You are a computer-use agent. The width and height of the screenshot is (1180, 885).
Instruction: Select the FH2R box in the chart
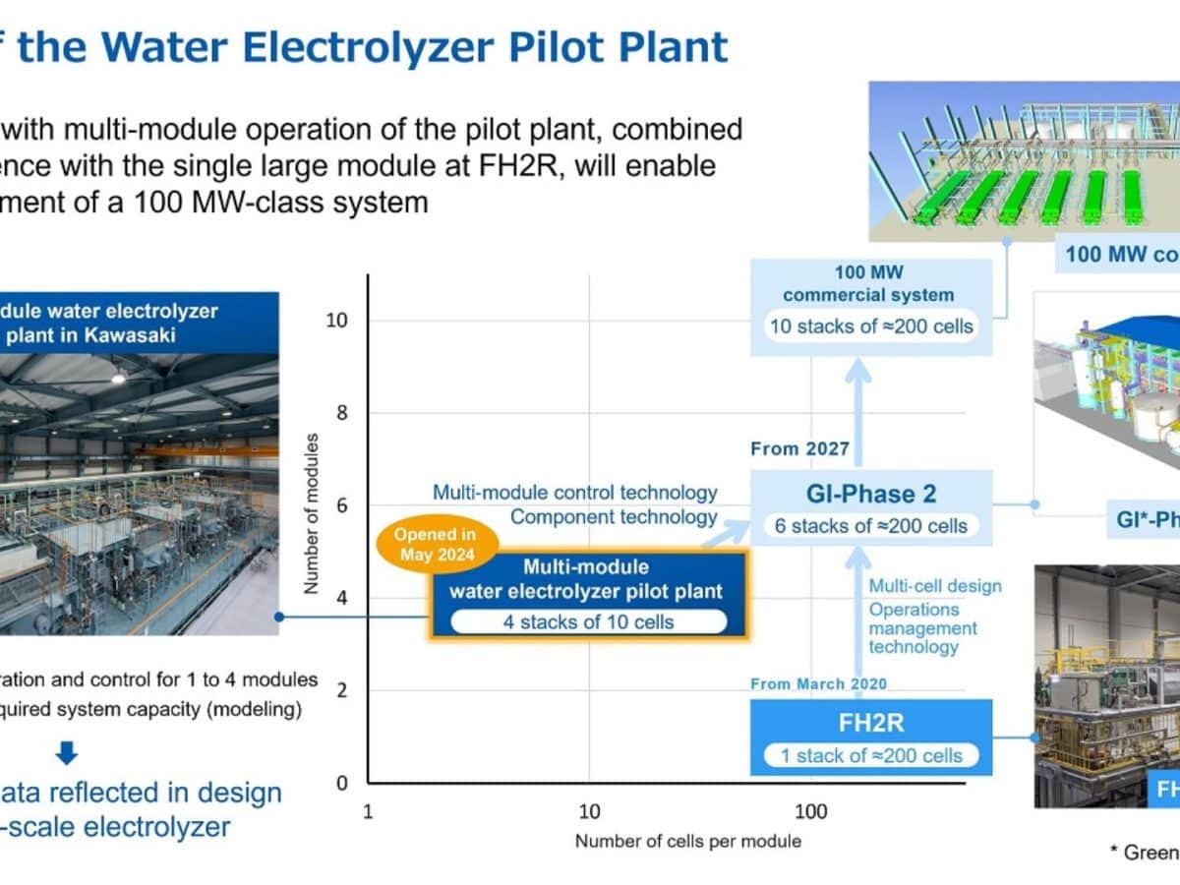(871, 736)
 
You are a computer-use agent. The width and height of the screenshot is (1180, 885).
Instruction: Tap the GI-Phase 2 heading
(871, 495)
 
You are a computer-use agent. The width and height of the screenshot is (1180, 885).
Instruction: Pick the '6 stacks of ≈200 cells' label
(871, 526)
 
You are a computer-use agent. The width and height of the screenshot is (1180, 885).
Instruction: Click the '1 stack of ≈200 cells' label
(871, 755)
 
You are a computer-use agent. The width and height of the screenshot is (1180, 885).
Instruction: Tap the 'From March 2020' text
(818, 683)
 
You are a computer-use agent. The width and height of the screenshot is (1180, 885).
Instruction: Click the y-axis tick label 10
(335, 321)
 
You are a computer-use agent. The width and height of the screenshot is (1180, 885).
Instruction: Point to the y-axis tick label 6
(341, 505)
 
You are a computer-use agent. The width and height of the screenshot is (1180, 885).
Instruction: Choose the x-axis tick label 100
(810, 812)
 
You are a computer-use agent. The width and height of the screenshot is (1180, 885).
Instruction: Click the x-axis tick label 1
(368, 812)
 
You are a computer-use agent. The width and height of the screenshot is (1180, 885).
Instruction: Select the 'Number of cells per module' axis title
(687, 842)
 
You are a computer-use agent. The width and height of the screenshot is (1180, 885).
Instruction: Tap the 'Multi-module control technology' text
(575, 493)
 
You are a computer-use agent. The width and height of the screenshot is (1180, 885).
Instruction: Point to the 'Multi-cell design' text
(934, 586)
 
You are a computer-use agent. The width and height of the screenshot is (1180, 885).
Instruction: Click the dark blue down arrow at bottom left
(66, 754)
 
